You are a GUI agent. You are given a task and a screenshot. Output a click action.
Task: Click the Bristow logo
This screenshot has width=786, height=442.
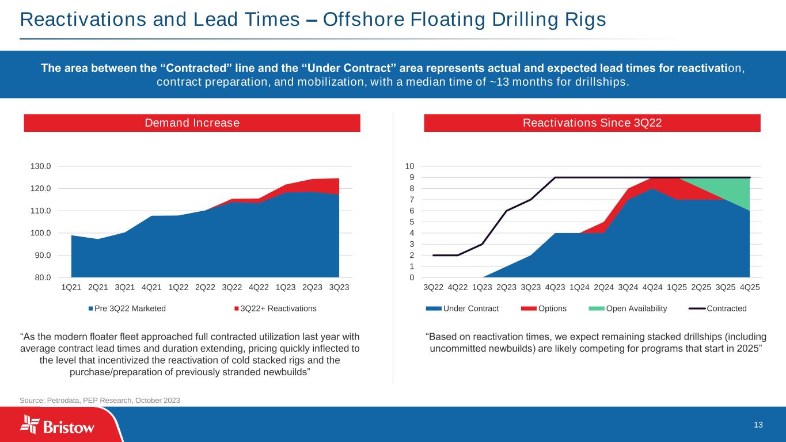pos(58,426)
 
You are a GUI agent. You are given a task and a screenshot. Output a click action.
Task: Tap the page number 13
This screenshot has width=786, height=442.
pos(758,425)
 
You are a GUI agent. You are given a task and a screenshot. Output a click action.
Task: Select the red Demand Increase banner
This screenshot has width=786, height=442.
pos(192,123)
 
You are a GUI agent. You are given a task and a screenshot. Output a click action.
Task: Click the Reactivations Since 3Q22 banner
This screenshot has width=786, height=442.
pos(592,123)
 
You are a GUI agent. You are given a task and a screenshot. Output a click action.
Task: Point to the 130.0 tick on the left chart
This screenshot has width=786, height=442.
pos(41,166)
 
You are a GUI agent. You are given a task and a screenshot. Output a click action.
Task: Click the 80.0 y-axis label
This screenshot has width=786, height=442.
pos(41,277)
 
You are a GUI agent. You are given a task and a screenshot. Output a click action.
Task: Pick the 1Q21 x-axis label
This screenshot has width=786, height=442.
pos(71,287)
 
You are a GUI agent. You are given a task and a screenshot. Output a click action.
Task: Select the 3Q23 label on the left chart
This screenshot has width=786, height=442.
pos(339,287)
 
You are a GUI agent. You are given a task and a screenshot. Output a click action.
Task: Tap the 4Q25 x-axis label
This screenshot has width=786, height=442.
pos(749,287)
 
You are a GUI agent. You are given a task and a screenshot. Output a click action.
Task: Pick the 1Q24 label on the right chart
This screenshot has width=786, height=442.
pos(579,287)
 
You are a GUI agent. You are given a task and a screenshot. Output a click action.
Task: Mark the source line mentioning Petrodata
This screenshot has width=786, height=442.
pos(100,401)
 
